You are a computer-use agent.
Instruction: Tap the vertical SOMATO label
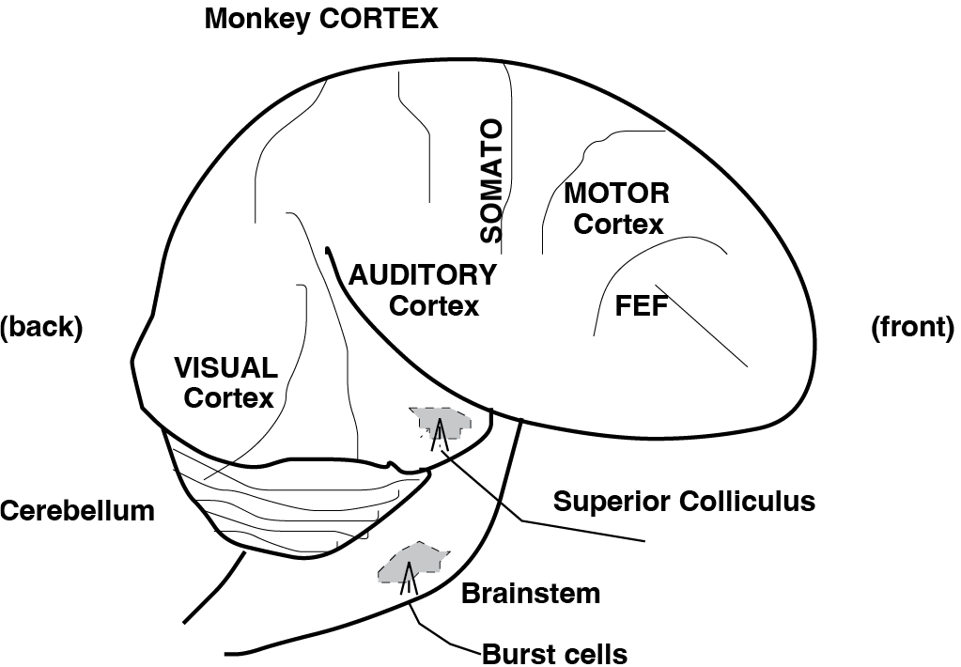(x=490, y=181)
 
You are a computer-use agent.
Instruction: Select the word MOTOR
(x=616, y=194)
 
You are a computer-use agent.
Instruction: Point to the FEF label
(x=641, y=307)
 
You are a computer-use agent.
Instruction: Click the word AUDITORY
(x=422, y=275)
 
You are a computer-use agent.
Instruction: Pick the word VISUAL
(x=225, y=366)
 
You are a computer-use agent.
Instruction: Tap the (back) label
(x=41, y=327)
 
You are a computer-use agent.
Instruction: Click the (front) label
(x=912, y=327)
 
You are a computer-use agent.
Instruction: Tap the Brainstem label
(x=531, y=593)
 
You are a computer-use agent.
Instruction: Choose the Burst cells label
(x=553, y=652)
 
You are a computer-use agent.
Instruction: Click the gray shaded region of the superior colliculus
(x=442, y=424)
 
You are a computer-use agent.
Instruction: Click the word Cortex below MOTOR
(x=618, y=225)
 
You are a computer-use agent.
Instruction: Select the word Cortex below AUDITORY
(x=433, y=305)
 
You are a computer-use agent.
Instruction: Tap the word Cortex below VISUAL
(x=228, y=397)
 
